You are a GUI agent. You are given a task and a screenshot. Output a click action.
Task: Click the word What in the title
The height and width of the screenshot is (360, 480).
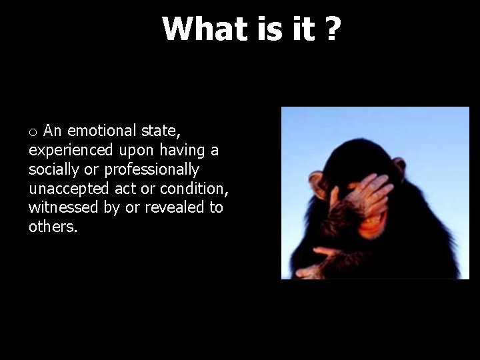pyautogui.click(x=198, y=29)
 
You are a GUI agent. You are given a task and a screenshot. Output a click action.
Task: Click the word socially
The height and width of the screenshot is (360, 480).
pyautogui.click(x=54, y=169)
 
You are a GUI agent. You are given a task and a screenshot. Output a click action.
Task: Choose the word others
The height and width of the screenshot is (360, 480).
pyautogui.click(x=53, y=226)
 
